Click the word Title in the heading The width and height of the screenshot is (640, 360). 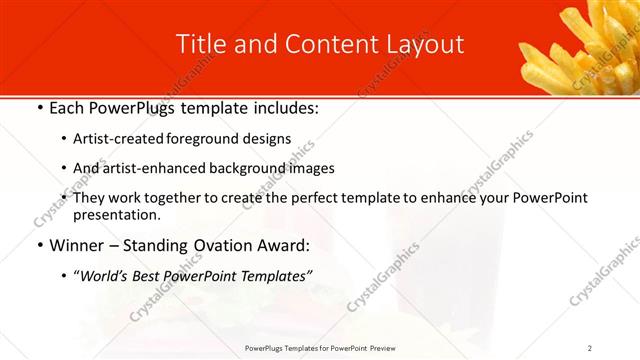198,45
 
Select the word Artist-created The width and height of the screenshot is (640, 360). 121,139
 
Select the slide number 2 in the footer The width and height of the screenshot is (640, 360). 590,348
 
